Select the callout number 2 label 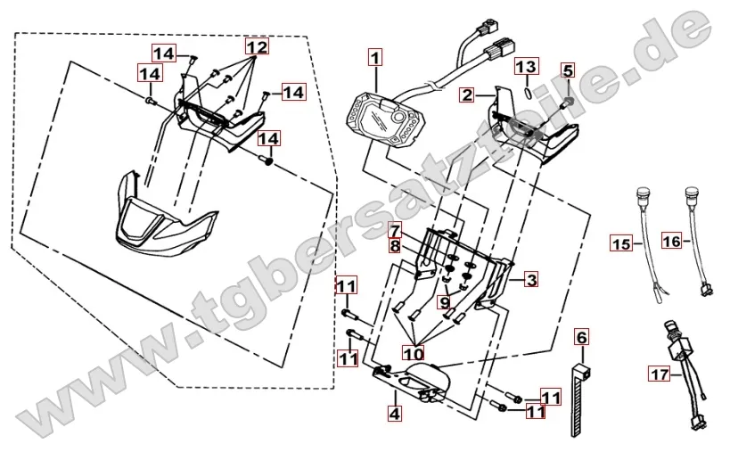(x=465, y=94)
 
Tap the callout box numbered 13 (x=527, y=67)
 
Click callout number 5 (x=568, y=70)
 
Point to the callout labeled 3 (x=530, y=281)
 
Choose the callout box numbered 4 (x=393, y=413)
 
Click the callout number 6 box (x=582, y=337)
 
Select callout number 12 (x=257, y=45)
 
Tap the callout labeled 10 (x=414, y=354)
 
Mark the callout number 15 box (x=620, y=242)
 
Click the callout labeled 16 (x=672, y=239)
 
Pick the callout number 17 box (x=658, y=375)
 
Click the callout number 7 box (x=394, y=230)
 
